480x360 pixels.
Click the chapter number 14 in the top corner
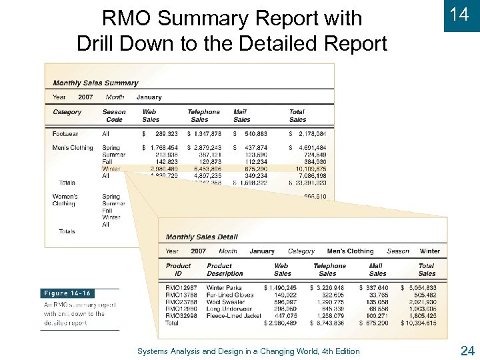pyautogui.click(x=459, y=15)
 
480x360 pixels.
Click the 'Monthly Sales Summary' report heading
pyautogui.click(x=95, y=83)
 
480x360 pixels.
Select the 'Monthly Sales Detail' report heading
pyautogui.click(x=201, y=237)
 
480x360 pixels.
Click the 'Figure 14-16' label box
pyautogui.click(x=67, y=293)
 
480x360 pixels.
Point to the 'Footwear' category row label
pyautogui.click(x=65, y=134)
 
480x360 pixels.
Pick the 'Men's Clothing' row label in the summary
pyautogui.click(x=73, y=147)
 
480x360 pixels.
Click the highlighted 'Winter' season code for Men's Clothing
pyautogui.click(x=111, y=169)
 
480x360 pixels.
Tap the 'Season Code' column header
pyautogui.click(x=114, y=116)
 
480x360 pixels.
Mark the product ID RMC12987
pyautogui.click(x=181, y=288)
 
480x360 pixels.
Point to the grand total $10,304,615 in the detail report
pyautogui.click(x=419, y=323)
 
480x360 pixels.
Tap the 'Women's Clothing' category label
pyautogui.click(x=65, y=200)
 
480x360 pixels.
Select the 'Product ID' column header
pyautogui.click(x=178, y=269)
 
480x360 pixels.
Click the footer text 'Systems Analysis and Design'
pyautogui.click(x=248, y=351)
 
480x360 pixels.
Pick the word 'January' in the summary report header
pyautogui.click(x=149, y=97)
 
